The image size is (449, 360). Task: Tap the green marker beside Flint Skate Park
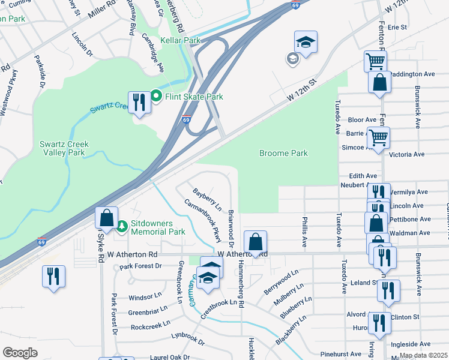tap(156, 96)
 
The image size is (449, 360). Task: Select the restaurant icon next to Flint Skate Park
tap(139, 103)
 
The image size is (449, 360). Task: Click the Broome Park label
tap(283, 153)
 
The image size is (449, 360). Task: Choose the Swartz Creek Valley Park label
tap(62, 148)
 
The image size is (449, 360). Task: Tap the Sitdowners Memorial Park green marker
tap(122, 226)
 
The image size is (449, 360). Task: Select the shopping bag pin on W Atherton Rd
tap(255, 242)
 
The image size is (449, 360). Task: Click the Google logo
tap(20, 352)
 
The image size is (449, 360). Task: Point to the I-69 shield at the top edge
tap(296, 4)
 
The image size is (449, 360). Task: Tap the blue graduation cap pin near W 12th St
tap(306, 43)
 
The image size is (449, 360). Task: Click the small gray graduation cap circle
tap(292, 58)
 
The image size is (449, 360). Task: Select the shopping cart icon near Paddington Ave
tap(375, 61)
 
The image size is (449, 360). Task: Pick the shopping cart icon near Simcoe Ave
tap(378, 137)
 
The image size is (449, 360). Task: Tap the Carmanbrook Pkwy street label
tap(200, 217)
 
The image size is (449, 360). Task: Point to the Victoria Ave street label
tap(406, 154)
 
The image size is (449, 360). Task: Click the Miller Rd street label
tap(101, 8)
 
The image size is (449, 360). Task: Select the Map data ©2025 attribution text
tap(423, 355)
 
